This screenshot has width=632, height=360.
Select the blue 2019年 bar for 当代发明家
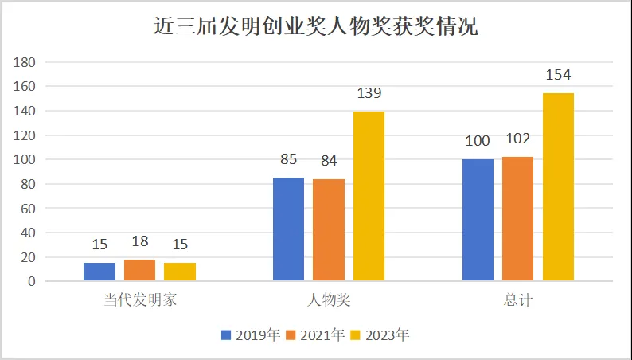click(99, 272)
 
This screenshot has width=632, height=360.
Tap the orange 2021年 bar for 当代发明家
click(139, 270)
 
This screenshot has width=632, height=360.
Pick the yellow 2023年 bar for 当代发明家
click(180, 272)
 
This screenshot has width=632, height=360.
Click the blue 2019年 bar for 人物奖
click(289, 229)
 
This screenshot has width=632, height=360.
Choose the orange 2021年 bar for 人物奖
click(329, 230)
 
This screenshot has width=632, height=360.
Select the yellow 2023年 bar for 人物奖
click(369, 196)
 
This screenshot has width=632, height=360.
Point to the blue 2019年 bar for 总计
click(478, 220)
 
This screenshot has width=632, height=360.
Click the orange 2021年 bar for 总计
click(517, 219)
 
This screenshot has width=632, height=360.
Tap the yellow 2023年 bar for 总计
click(558, 187)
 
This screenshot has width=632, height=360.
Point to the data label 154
click(558, 75)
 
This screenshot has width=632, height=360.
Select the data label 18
click(139, 241)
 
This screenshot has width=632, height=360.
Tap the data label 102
click(517, 139)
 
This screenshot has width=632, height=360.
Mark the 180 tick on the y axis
click(25, 62)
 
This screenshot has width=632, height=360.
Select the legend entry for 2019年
click(251, 335)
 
